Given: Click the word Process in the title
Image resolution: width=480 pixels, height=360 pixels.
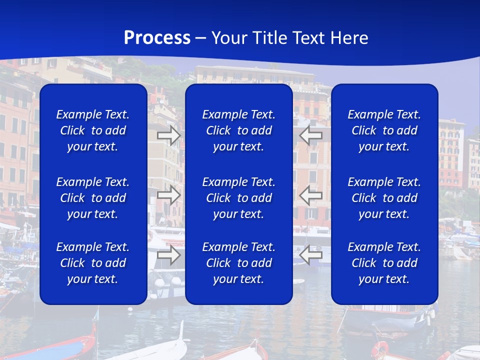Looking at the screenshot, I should click(157, 38).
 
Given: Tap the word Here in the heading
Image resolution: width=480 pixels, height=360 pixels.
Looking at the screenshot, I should click(348, 38).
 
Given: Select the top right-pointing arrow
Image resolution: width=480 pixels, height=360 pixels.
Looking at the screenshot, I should click(168, 135).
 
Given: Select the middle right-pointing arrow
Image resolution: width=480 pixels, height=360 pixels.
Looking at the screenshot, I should click(168, 195).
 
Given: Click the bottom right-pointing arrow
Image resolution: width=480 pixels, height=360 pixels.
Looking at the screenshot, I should click(168, 255).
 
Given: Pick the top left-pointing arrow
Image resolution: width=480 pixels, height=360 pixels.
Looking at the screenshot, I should click(311, 135).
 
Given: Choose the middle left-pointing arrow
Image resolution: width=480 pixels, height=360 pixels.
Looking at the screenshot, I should click(311, 195).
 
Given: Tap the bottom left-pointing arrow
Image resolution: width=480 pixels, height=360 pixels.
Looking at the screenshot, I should click(311, 255).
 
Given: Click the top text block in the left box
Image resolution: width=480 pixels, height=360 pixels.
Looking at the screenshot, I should click(93, 130).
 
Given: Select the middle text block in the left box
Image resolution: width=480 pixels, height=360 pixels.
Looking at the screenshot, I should click(93, 198).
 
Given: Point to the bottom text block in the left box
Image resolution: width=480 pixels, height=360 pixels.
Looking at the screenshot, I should click(93, 263).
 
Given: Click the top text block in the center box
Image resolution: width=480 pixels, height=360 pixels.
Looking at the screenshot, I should click(239, 130).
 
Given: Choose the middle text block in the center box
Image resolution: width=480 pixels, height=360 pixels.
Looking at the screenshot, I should click(239, 198).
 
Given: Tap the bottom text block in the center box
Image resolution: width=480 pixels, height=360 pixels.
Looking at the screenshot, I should click(239, 263).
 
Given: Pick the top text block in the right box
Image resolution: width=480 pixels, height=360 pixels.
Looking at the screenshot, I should click(384, 130).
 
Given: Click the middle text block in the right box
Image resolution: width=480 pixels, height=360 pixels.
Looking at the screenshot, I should click(384, 198).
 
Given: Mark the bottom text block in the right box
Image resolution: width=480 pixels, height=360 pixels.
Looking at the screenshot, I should click(384, 263).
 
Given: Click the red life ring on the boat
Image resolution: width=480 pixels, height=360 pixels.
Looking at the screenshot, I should click(380, 348).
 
